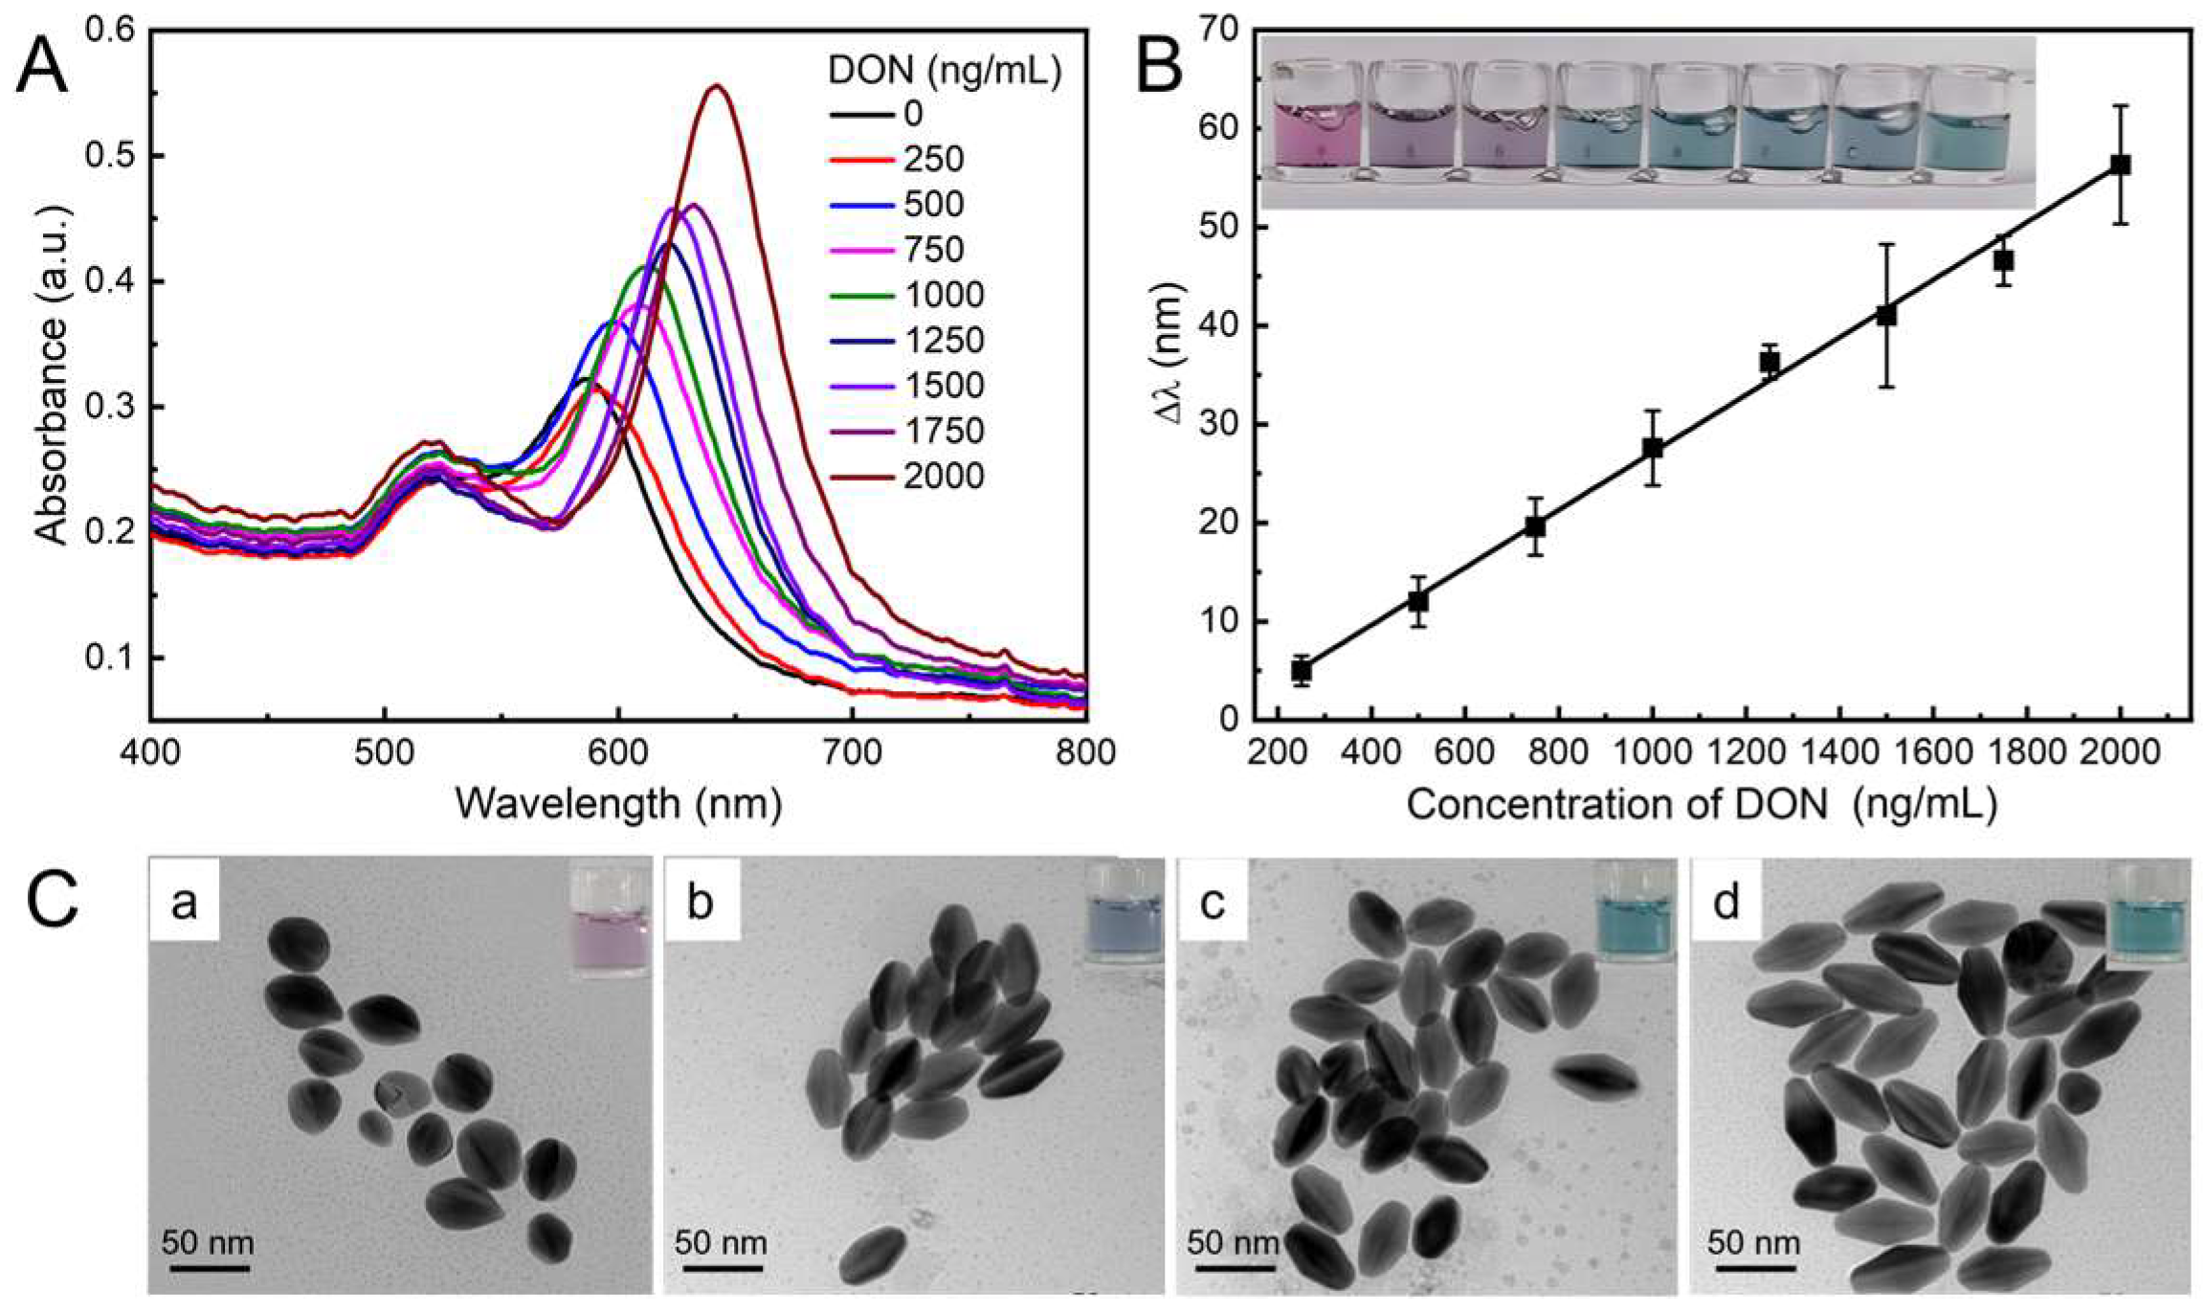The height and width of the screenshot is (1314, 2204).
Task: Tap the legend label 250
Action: pyautogui.click(x=933, y=159)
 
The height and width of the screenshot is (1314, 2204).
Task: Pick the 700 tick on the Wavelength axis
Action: pyautogui.click(x=852, y=753)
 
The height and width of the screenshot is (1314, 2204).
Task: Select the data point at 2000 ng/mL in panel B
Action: pyautogui.click(x=2120, y=165)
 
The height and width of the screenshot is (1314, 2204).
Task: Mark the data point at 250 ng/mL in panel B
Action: pyautogui.click(x=1301, y=671)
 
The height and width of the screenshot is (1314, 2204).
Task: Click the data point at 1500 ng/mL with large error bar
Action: pyautogui.click(x=1886, y=315)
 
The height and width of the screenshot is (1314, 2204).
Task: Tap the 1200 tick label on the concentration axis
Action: pyautogui.click(x=1746, y=753)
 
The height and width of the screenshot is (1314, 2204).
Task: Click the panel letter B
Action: pyautogui.click(x=1159, y=65)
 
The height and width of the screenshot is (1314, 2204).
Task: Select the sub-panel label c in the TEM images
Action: pyautogui.click(x=1212, y=902)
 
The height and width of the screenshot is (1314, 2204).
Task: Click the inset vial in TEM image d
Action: pyautogui.click(x=2148, y=914)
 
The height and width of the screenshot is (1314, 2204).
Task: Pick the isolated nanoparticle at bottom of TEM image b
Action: pyautogui.click(x=872, y=1255)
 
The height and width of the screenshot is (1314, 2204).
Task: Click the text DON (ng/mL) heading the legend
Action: pyautogui.click(x=944, y=71)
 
